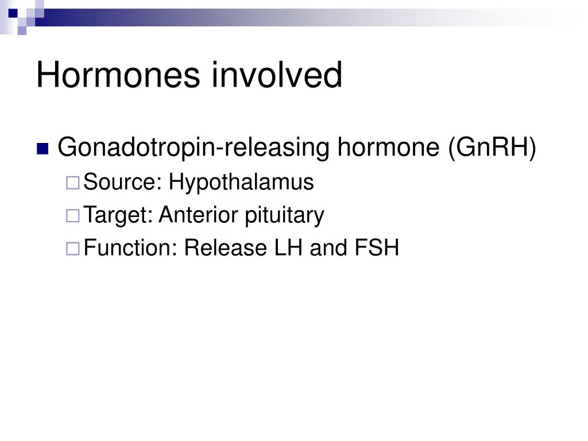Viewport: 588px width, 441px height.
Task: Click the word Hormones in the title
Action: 118,75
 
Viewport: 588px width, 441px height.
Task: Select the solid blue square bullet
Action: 42,149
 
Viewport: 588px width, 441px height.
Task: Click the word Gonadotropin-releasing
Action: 194,148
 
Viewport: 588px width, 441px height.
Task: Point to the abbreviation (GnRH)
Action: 492,148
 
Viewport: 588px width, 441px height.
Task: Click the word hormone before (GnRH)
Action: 389,146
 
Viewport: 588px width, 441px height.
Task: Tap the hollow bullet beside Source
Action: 73,183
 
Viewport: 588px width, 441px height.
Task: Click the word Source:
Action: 122,182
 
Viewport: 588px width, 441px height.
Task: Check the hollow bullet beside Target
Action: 73,216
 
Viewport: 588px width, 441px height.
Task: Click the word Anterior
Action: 199,215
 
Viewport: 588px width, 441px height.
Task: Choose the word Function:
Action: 130,248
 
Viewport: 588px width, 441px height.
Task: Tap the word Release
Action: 225,248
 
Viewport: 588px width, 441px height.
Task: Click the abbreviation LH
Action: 288,248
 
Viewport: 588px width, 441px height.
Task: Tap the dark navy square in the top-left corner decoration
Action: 13,14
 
